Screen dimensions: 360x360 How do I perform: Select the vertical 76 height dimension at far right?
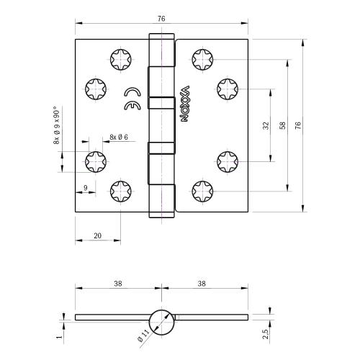coord(297,125)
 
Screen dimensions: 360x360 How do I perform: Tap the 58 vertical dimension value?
coord(282,125)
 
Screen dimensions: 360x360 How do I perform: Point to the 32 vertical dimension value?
coord(266,125)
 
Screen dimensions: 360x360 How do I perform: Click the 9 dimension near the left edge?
coord(86,188)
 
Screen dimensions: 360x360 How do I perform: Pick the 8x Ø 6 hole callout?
coord(119,137)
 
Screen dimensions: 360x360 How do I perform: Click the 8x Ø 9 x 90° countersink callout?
coord(56,127)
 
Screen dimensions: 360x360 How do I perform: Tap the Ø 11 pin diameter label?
coord(143,336)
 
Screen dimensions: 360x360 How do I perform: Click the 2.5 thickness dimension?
coord(266,333)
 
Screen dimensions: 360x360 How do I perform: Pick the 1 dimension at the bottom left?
coord(60,333)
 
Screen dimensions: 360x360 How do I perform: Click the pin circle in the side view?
coord(162,318)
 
